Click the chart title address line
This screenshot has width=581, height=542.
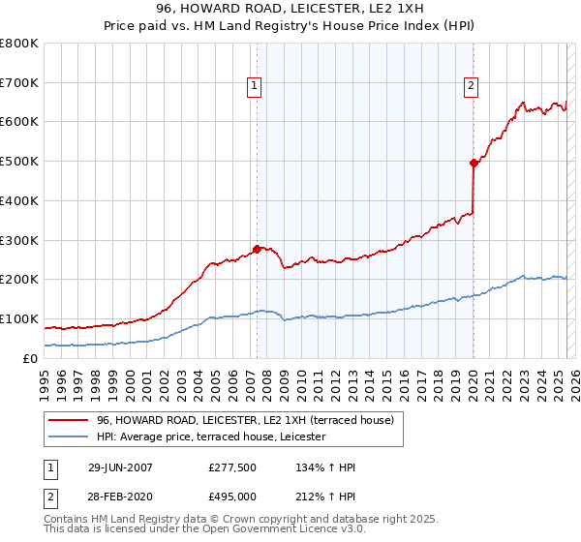point(290,8)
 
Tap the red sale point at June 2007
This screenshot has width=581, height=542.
point(257,249)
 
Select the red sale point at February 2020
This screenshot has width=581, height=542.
point(474,164)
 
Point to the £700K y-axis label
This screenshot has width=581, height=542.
point(19,82)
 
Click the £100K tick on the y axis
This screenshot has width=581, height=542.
point(19,318)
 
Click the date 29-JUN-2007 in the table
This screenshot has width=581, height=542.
point(120,467)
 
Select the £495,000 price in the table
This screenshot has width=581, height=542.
point(231,496)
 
